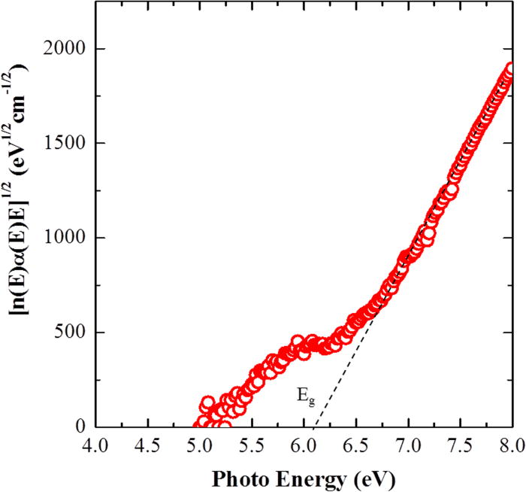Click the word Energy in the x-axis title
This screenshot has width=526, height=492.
click(x=304, y=478)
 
